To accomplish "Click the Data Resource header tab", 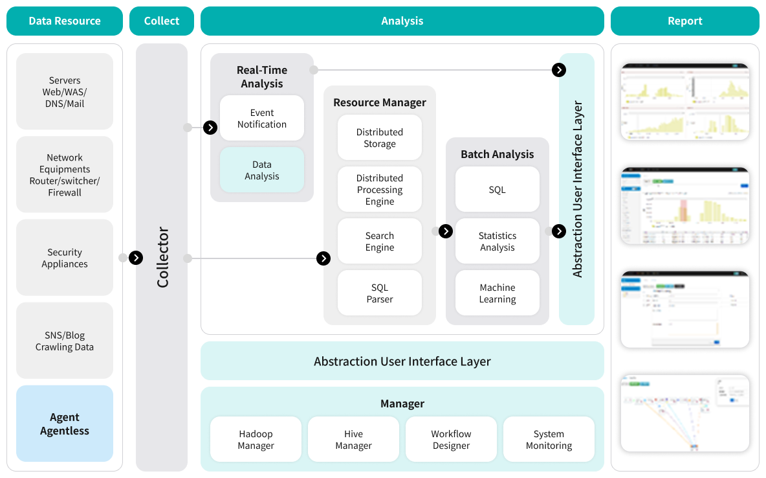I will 65,21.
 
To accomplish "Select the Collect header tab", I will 162,21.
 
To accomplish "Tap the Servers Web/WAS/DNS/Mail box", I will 65,92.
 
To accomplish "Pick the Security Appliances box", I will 65,258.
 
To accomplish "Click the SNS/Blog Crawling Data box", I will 65,341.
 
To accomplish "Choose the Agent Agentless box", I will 65,424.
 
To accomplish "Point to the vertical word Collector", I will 162,257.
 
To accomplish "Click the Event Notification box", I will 261,119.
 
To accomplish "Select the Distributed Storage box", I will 380,138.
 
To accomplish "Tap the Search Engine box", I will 380,242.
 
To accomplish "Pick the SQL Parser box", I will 380,293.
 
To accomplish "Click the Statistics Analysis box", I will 497,242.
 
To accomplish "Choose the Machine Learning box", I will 497,293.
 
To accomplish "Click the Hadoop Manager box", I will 256,440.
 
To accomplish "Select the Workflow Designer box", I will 451,440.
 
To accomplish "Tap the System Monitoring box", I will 549,440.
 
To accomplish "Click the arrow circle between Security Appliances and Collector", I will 136,258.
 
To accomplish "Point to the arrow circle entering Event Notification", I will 210,128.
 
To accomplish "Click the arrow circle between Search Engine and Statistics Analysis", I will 446,231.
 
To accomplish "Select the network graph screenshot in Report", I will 685,413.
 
